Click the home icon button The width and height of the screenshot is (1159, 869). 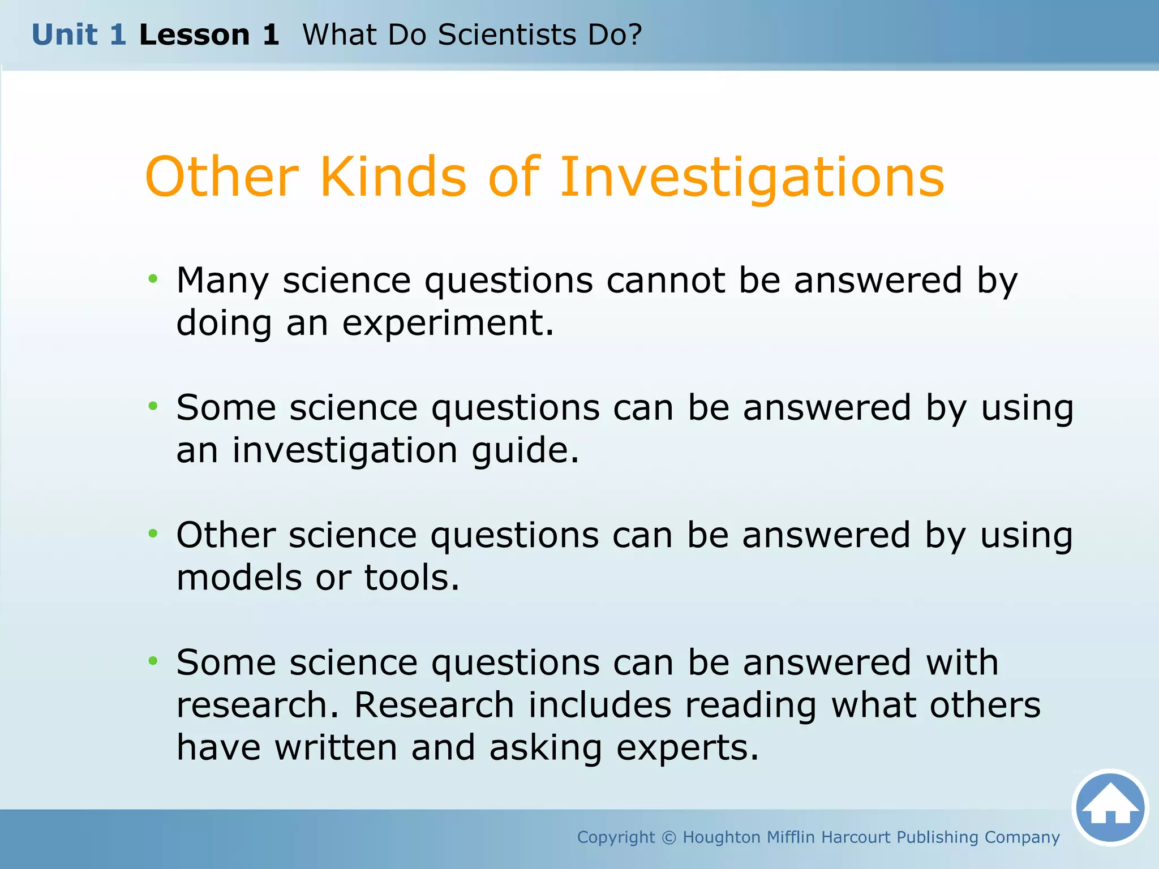click(1110, 807)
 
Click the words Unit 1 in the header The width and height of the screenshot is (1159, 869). click(79, 35)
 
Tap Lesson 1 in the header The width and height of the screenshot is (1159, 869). click(209, 35)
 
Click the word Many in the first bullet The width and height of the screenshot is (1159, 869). click(222, 281)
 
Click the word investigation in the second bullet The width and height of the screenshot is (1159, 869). click(345, 451)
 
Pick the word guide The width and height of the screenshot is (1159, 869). click(526, 451)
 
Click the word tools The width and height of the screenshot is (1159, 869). click(411, 578)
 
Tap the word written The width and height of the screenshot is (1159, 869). click(336, 747)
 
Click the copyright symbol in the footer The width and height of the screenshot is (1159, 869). click(668, 837)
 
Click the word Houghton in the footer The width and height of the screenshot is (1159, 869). click(720, 837)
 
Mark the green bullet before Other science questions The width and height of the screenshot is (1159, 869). click(153, 533)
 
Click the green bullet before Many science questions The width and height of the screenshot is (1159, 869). click(153, 278)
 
